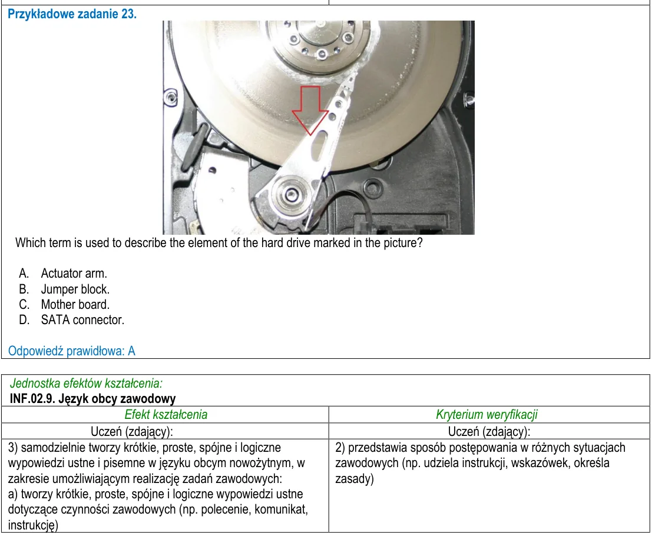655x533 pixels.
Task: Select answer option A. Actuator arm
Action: (63, 273)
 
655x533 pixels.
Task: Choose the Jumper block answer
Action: (64, 289)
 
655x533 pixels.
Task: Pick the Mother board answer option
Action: (64, 305)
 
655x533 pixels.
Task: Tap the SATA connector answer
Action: (71, 320)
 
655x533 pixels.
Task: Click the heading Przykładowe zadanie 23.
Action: (72, 14)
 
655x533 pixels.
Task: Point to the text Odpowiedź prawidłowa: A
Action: (72, 351)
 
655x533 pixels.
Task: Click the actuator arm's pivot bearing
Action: (290, 194)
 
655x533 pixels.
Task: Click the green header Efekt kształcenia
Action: (166, 414)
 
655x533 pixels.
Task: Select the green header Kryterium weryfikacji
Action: (487, 414)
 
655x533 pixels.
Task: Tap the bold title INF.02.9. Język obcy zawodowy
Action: (92, 399)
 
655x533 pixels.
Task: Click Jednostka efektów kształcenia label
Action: (86, 383)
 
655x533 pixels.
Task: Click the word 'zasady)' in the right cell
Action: (355, 478)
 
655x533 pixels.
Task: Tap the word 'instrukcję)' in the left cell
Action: (33, 525)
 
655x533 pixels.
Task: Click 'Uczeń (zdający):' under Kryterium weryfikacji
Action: (489, 431)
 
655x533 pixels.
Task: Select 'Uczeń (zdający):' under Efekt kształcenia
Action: (131, 431)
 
